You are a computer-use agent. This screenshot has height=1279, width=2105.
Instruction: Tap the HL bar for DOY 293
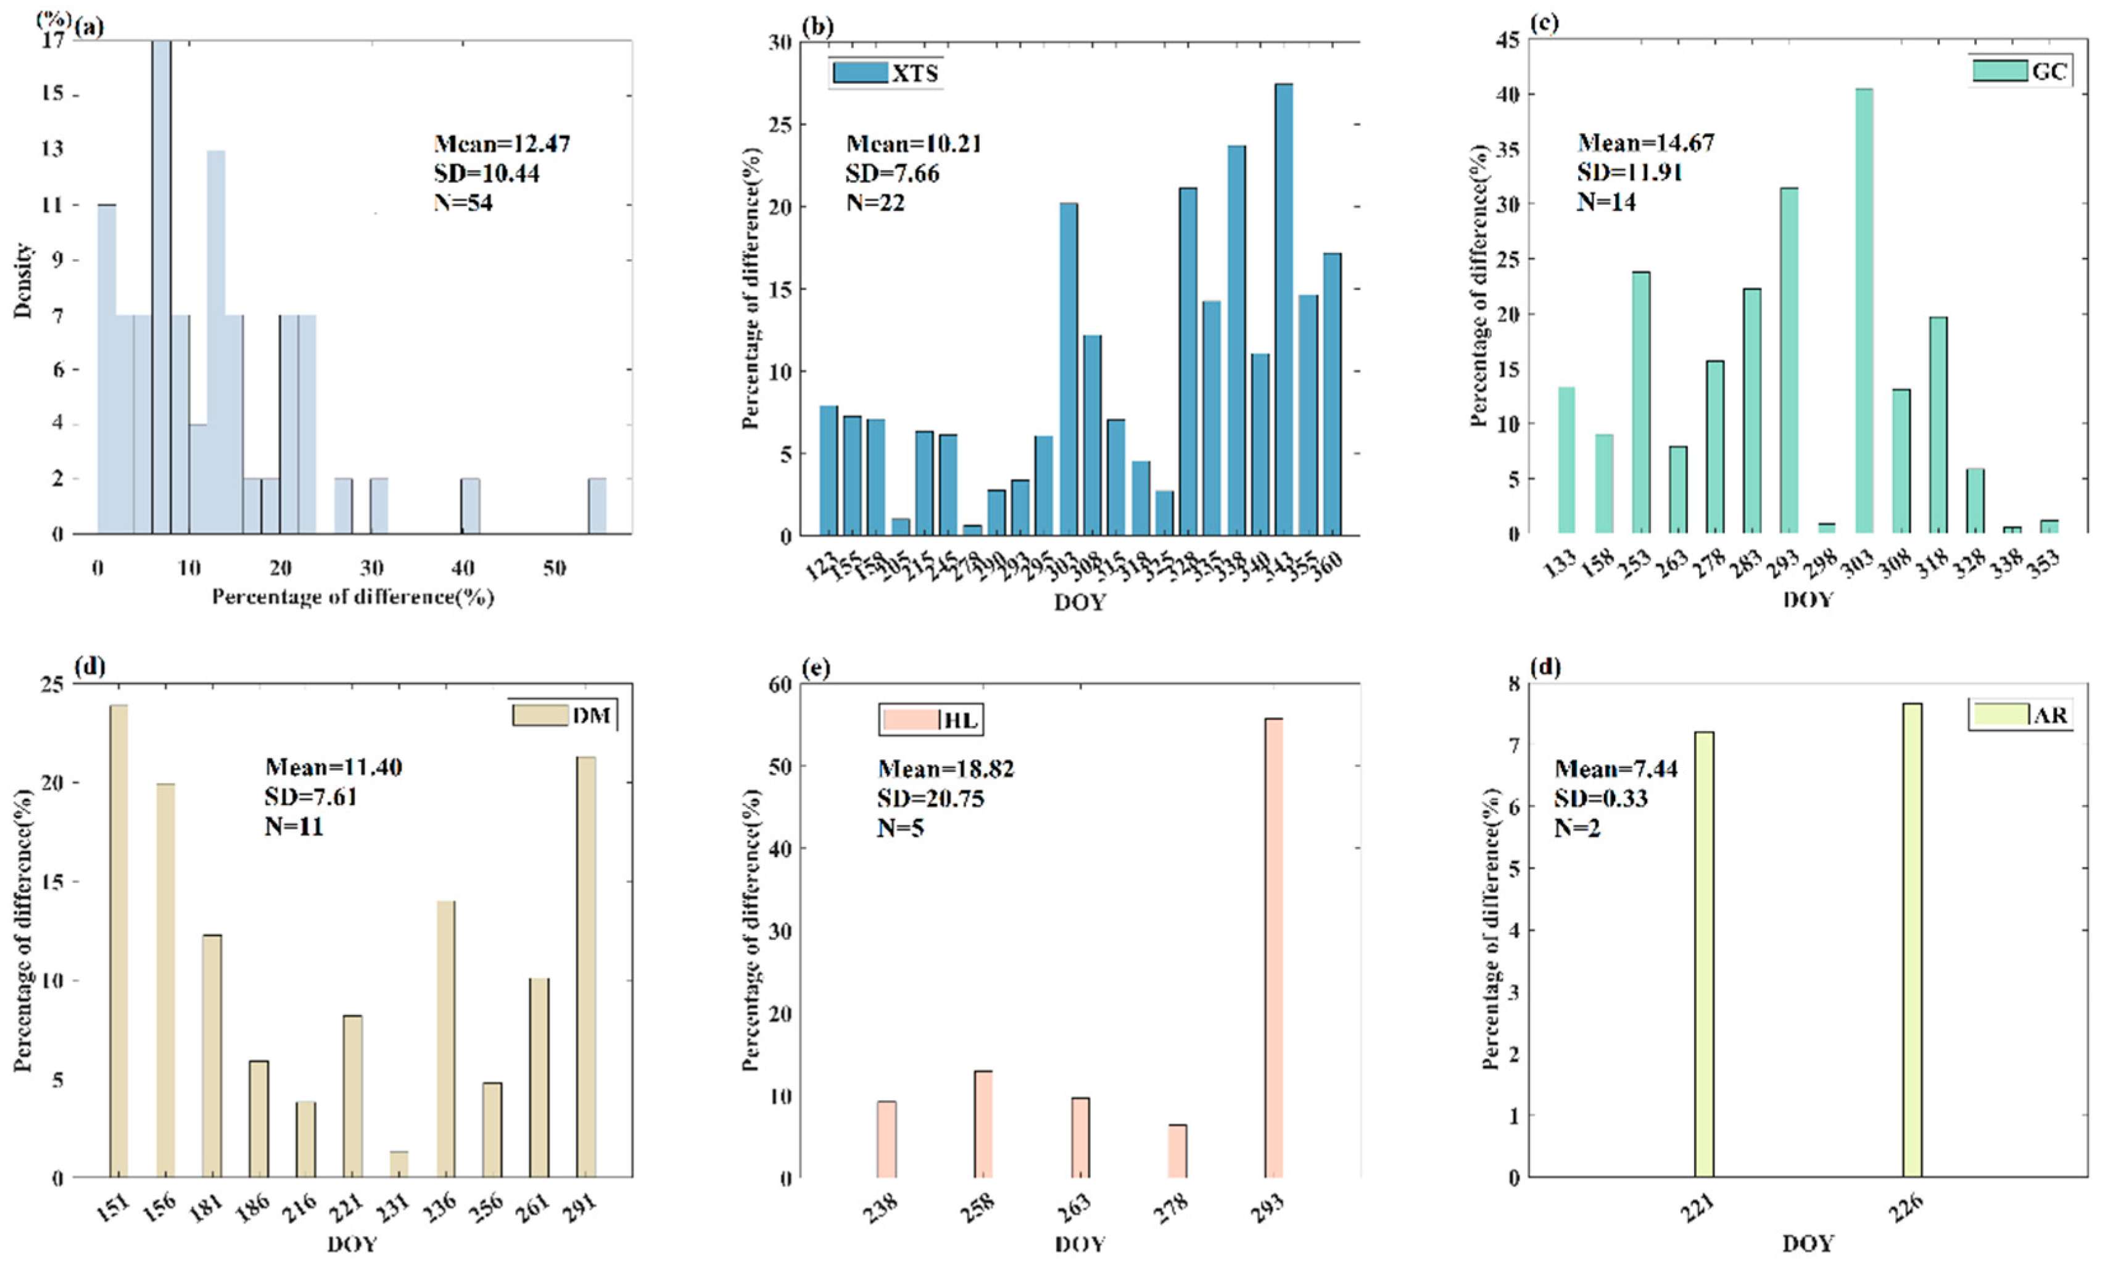[x=1274, y=948]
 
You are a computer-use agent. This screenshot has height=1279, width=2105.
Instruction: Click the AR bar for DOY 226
[x=1912, y=940]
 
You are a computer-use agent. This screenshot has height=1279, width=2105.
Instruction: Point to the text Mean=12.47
[x=502, y=144]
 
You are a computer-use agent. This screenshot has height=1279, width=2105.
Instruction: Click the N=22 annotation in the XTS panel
[x=875, y=204]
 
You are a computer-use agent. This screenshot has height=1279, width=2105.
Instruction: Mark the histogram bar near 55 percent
[x=597, y=506]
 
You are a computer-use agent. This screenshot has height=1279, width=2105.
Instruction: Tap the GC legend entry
[x=2021, y=71]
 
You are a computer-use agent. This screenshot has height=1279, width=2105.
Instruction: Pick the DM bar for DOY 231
[x=399, y=1164]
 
